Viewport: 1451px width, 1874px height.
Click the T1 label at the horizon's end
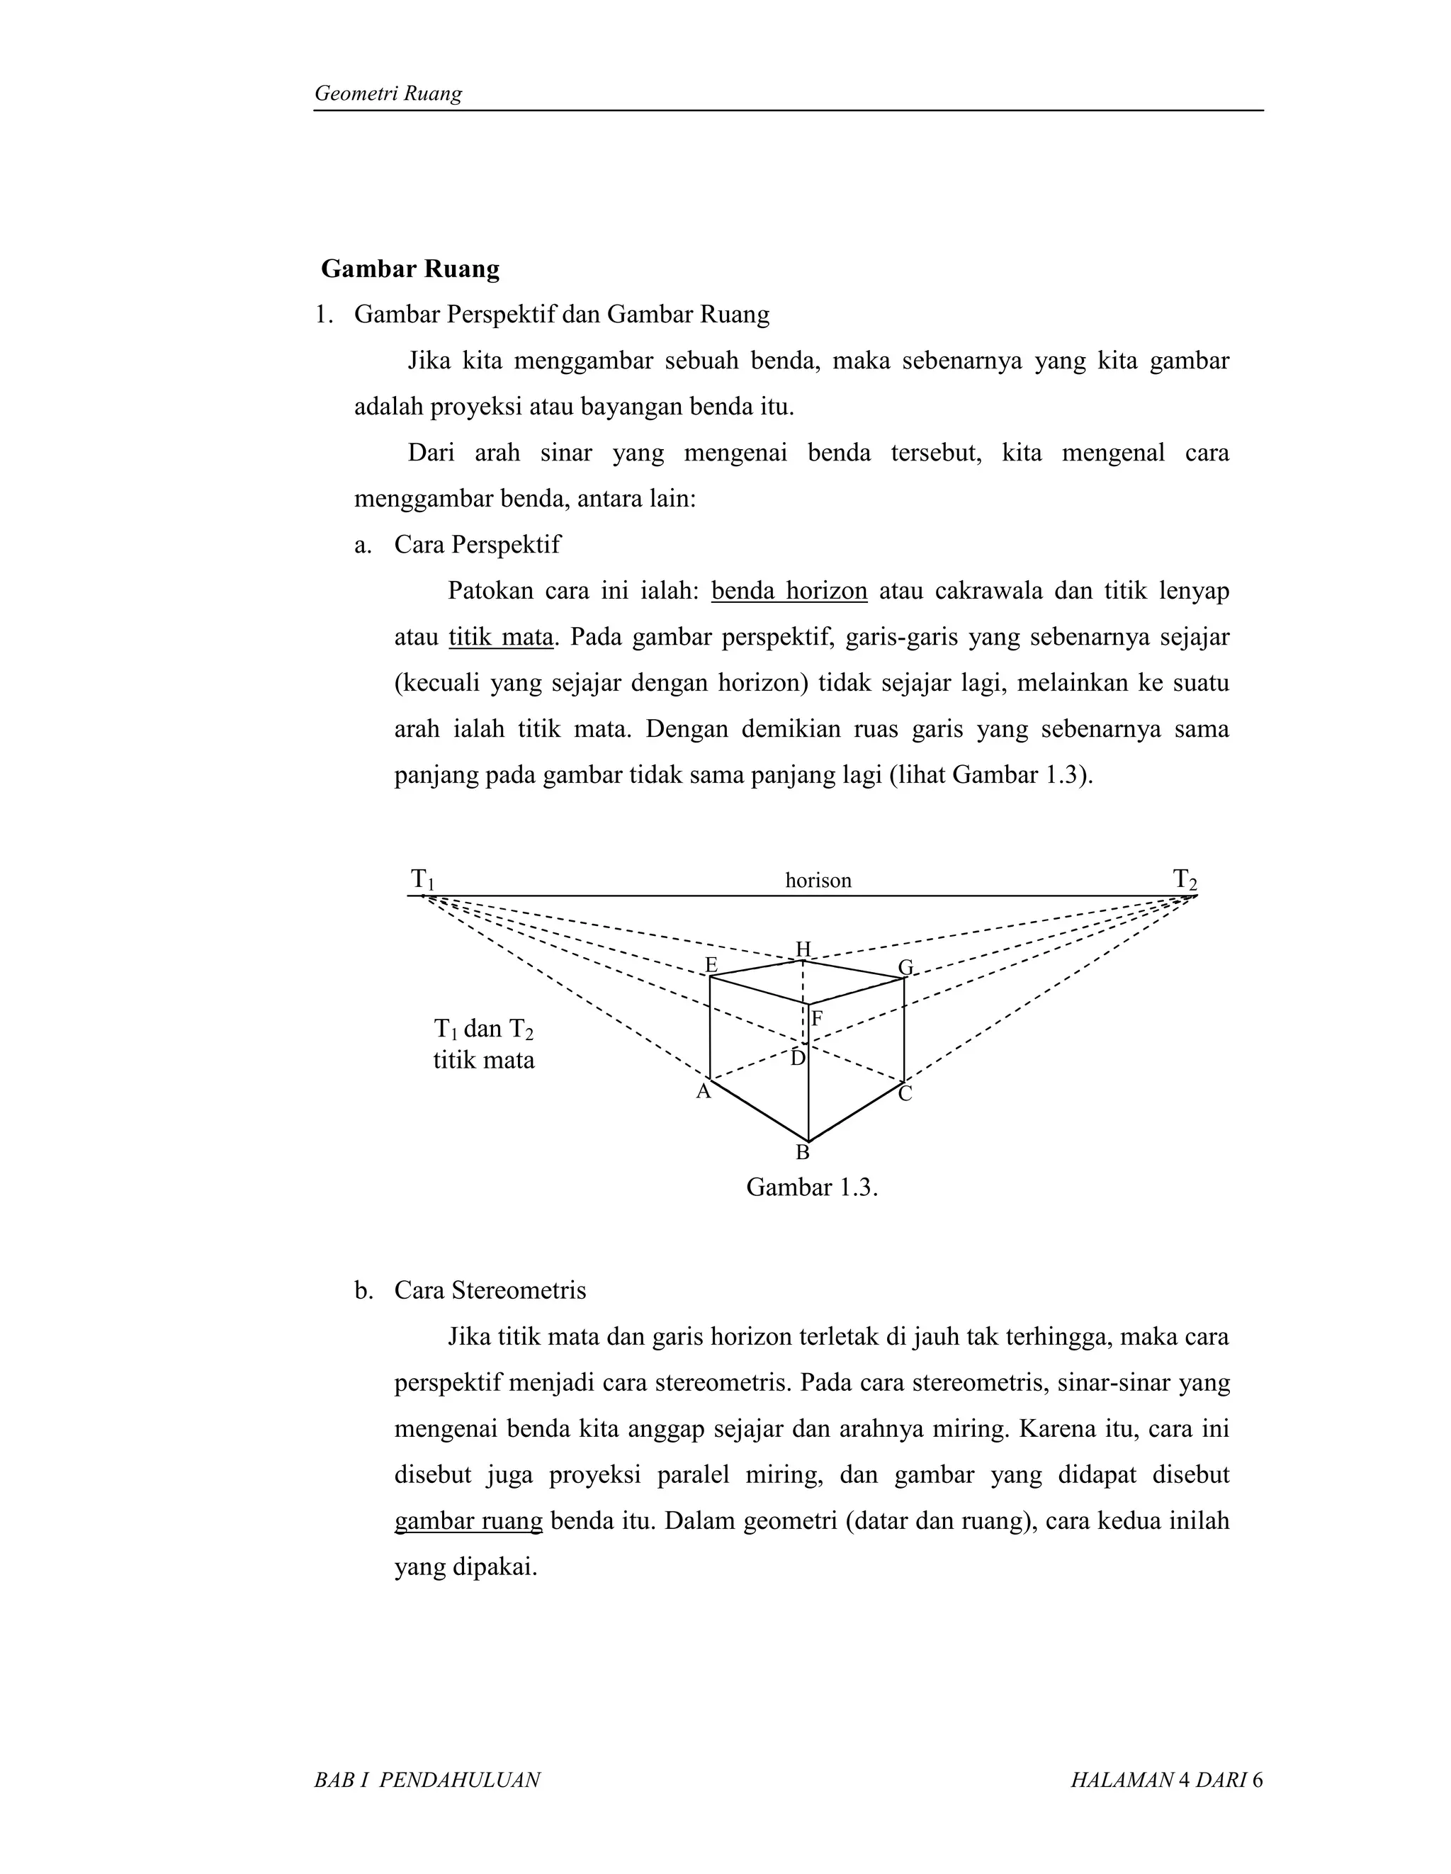[x=422, y=879]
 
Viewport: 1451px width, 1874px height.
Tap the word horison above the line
[x=818, y=881]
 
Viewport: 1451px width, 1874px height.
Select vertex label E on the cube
[x=711, y=965]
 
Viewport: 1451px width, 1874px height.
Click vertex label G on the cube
[x=905, y=968]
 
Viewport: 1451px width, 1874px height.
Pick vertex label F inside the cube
[x=817, y=1020]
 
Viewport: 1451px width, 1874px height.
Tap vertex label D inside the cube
[x=798, y=1059]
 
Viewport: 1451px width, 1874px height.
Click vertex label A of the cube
[x=703, y=1091]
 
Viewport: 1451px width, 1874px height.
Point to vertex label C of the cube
[x=905, y=1094]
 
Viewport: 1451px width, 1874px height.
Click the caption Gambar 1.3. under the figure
[x=812, y=1187]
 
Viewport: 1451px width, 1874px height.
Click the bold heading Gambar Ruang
[x=410, y=269]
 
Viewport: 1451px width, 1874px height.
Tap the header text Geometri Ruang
[x=388, y=94]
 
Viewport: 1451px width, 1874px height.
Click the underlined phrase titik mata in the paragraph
[x=500, y=638]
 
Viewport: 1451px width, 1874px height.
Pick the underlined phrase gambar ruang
[x=468, y=1521]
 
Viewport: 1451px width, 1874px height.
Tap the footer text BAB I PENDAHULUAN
[x=427, y=1780]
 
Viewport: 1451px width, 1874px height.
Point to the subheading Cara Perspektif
[x=476, y=545]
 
